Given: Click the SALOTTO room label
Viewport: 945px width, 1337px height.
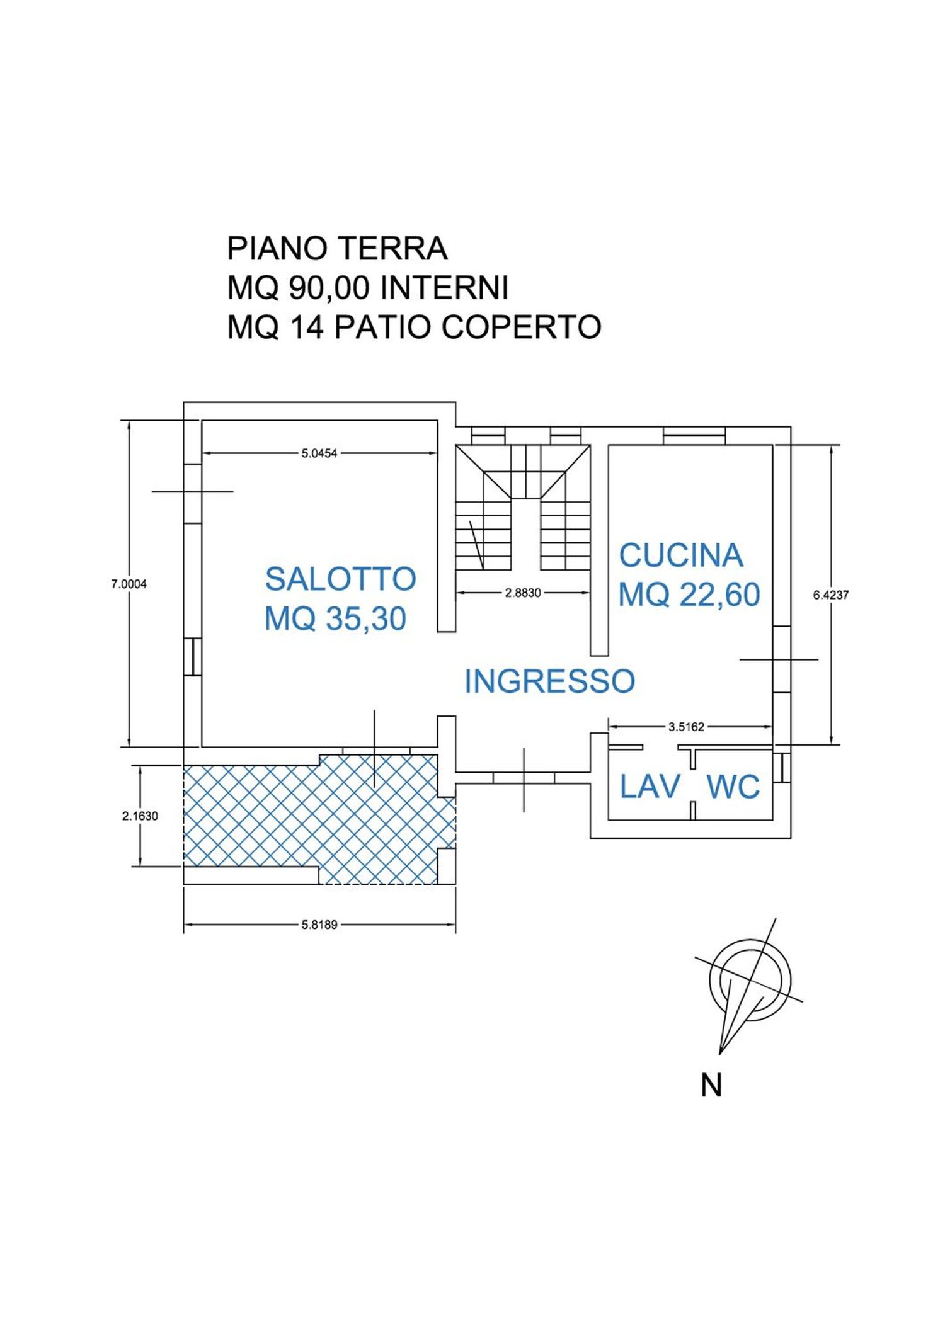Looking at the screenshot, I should point(340,579).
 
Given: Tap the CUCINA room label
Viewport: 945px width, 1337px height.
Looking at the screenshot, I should point(681,555).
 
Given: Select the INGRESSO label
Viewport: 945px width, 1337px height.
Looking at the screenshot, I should point(549,681).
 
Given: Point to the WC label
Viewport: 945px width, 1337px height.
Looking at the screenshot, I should point(733,787).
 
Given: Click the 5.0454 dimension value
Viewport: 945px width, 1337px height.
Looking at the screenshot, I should point(319,453).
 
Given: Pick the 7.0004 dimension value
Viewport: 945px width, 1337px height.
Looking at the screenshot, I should point(129,584).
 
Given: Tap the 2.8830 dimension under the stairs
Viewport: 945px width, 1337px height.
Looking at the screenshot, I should point(523,592).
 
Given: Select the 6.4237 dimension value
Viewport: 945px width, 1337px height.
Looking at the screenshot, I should point(831,595).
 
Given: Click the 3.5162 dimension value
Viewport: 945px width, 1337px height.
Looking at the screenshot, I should point(686,727).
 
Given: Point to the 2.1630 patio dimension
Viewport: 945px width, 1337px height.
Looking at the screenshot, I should point(140,816).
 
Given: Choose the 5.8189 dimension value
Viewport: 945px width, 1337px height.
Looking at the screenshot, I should point(319,925).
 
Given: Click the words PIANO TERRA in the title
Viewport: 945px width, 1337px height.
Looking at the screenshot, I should point(337,249).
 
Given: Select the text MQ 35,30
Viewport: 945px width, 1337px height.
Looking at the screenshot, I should point(335,618).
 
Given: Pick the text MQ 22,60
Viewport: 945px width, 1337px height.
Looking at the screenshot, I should point(689,595).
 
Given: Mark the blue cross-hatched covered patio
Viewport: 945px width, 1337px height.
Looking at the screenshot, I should point(315,819).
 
